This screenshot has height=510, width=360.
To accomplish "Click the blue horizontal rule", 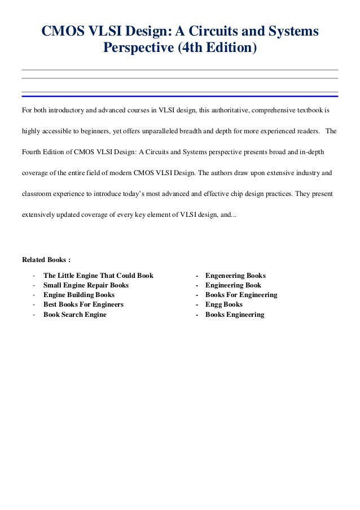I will pos(179,96).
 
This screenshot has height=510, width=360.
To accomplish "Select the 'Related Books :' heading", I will pos(46,260).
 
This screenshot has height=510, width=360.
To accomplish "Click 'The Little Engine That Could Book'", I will pos(98,276).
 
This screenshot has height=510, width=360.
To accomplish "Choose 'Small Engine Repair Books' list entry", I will pos(86,285).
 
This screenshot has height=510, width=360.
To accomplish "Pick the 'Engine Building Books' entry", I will pos(79,295).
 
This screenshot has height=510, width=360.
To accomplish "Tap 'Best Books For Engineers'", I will pos(84,304).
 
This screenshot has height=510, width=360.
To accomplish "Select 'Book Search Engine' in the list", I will pos(75,314).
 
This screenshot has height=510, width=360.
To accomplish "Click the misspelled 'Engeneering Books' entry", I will pos(235,276).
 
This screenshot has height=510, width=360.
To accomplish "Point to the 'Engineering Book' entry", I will pos(233,285).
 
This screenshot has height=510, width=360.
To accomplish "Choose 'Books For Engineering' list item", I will pos(241,295).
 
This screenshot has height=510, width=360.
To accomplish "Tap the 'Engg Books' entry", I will pos(224,304).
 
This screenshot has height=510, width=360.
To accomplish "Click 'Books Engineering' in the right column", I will pos(235,314).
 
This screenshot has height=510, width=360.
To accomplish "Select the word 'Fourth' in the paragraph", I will pos(32,152).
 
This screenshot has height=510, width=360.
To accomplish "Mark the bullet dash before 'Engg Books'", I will pos(196,304).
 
